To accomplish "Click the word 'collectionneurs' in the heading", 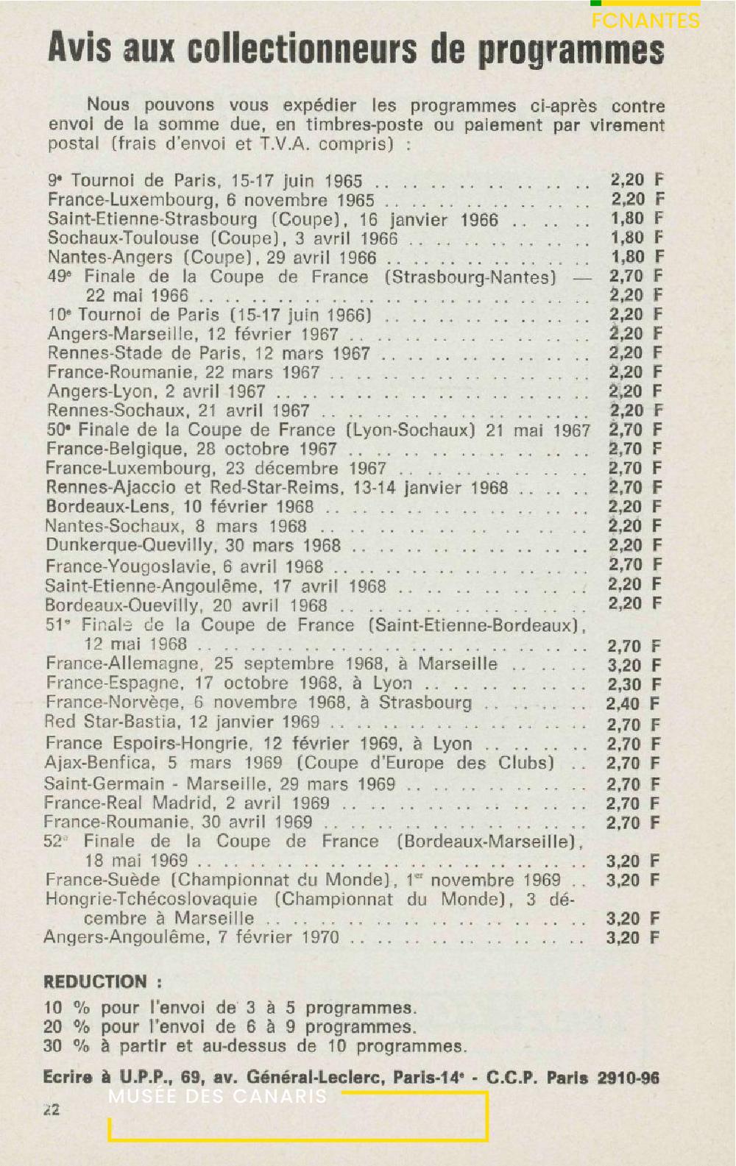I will tap(302, 49).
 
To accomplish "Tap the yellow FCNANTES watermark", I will tap(645, 21).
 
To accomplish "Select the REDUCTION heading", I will tap(95, 981).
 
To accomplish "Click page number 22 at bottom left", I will tap(52, 1110).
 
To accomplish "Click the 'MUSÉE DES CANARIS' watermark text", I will tap(217, 1096).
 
